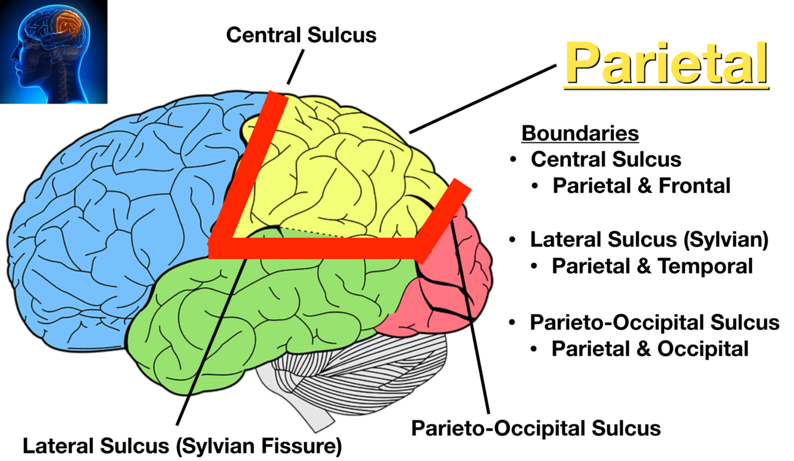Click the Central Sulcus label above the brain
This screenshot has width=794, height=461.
click(301, 35)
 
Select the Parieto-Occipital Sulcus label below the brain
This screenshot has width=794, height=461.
click(536, 428)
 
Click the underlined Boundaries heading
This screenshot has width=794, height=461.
click(580, 133)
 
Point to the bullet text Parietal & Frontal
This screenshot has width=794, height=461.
click(641, 186)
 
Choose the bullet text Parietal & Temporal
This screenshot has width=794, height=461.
click(652, 266)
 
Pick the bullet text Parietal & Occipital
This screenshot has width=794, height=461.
click(650, 348)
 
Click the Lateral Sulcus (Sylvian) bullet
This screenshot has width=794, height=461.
click(649, 240)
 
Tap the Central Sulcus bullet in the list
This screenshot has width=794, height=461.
click(606, 160)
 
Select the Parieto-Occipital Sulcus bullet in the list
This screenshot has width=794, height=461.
click(655, 322)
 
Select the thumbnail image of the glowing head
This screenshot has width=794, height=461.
click(54, 52)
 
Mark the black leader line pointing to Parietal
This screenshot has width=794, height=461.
click(482, 98)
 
